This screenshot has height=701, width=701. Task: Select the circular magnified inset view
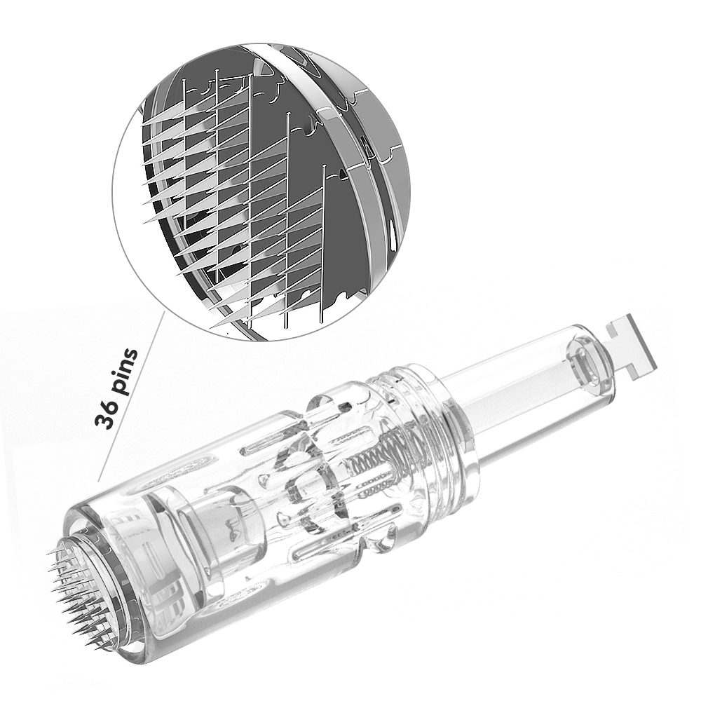tap(261, 192)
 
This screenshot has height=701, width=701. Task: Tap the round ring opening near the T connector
tap(586, 365)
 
